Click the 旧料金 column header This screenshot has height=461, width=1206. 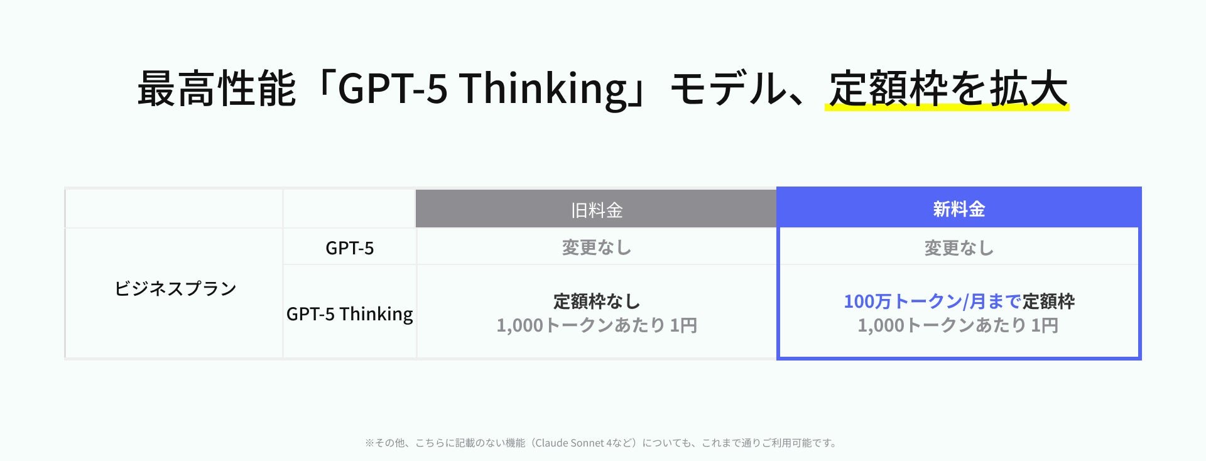(596, 210)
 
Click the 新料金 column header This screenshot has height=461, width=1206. (959, 209)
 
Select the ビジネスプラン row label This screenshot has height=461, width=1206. (175, 288)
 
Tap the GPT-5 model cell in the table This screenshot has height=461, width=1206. (349, 248)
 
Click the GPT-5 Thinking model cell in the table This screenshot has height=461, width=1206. (349, 313)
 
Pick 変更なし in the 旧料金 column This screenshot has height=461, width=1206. (596, 247)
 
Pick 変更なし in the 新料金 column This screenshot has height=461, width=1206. (959, 248)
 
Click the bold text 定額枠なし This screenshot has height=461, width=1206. (596, 301)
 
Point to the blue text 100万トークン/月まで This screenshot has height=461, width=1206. (932, 301)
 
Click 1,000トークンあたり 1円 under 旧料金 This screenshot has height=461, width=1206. (596, 325)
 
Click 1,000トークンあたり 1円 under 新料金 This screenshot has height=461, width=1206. (958, 325)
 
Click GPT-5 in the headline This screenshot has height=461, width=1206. (393, 88)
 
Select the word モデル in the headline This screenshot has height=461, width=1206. (728, 89)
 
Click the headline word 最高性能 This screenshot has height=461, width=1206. (216, 89)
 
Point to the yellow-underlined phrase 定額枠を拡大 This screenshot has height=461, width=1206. (948, 89)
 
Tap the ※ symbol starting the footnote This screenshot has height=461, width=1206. (369, 443)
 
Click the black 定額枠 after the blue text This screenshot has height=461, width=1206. (1048, 301)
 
